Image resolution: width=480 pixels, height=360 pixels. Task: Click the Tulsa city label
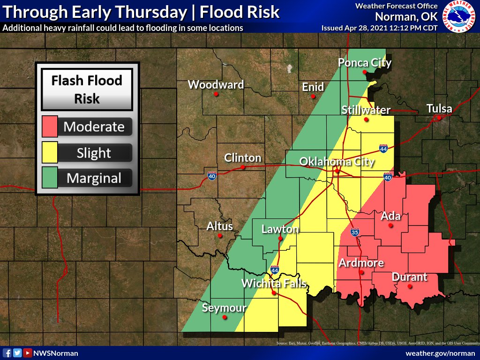tap(439, 109)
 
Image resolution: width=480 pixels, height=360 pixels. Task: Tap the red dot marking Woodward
tap(216, 94)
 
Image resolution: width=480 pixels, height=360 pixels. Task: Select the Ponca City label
tap(365, 63)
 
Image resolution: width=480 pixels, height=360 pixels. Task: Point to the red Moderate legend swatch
tap(50, 127)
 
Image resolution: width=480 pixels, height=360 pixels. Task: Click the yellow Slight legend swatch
tap(50, 153)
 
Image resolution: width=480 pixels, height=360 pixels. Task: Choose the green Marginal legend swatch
tap(50, 178)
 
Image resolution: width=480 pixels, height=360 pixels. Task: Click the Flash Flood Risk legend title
tap(87, 89)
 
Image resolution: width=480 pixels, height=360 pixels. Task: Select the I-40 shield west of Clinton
tap(211, 176)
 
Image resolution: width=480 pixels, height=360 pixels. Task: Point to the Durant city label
tap(410, 277)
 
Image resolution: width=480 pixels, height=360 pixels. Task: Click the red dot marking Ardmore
tap(361, 272)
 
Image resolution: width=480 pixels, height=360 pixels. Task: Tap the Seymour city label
tap(224, 308)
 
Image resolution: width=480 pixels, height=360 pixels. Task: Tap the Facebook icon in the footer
tap(7, 353)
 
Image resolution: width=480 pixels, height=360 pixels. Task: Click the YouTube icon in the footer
tap(28, 353)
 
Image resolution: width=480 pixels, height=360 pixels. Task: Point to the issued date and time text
tap(379, 28)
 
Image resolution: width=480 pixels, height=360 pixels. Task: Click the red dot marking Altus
tap(219, 236)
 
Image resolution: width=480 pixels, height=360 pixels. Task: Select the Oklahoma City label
tap(337, 162)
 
